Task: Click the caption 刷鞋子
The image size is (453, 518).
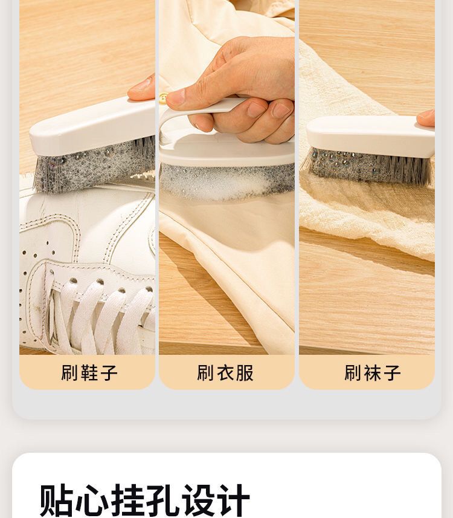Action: click(89, 373)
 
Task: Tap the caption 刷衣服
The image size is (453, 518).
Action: click(225, 373)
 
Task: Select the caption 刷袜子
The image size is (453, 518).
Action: click(373, 373)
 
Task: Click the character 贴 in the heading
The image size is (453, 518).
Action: click(56, 500)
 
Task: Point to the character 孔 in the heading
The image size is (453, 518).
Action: click(162, 500)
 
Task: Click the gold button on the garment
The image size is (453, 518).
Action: click(162, 98)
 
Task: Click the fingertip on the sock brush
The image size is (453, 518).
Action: click(426, 118)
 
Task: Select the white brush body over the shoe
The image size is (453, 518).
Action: click(92, 126)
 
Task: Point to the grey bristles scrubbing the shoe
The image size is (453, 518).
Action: click(94, 164)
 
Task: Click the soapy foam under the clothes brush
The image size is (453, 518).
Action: click(228, 183)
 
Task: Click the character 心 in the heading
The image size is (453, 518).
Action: click(92, 500)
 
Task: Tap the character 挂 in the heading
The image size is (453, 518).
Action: click(127, 500)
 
